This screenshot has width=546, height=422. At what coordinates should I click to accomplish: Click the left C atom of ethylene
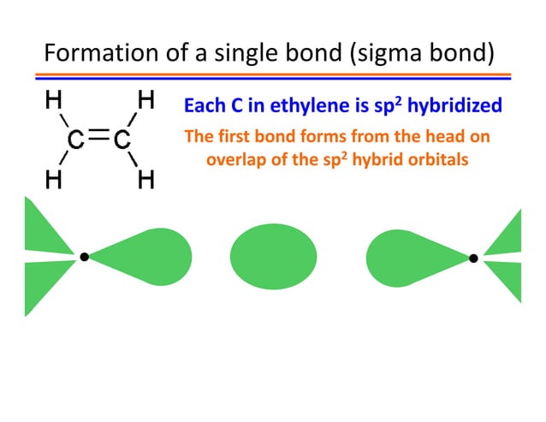pos(76,140)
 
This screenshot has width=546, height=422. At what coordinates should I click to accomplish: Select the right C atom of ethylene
pos(122,140)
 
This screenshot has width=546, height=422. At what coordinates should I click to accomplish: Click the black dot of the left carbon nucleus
pos(84,256)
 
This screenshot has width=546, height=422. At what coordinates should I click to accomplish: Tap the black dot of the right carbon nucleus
pos(473,257)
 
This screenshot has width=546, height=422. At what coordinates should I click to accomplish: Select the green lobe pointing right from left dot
pos(154,257)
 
